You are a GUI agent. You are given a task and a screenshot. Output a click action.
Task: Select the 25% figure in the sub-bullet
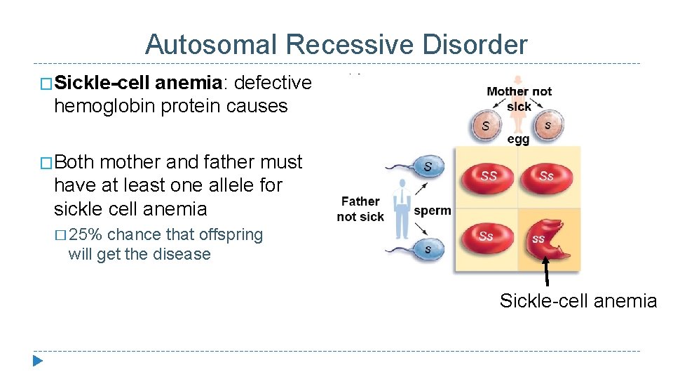click(87, 235)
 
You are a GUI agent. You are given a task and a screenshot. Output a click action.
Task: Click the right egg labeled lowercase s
click(548, 125)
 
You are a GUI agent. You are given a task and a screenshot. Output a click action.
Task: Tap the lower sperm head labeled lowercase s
click(428, 248)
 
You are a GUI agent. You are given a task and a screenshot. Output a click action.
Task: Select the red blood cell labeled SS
click(488, 175)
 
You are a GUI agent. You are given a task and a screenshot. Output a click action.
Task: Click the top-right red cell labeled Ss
click(547, 175)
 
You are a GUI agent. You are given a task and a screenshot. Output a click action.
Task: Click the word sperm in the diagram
click(433, 211)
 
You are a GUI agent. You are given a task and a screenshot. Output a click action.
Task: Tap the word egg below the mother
click(517, 139)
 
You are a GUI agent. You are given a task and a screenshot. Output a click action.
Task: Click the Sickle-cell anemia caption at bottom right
click(578, 301)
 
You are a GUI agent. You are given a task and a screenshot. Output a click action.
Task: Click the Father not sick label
click(360, 209)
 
